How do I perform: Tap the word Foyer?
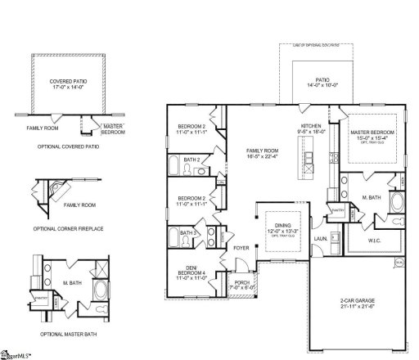241,246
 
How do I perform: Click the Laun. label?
320,240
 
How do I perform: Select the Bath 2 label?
191,160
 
